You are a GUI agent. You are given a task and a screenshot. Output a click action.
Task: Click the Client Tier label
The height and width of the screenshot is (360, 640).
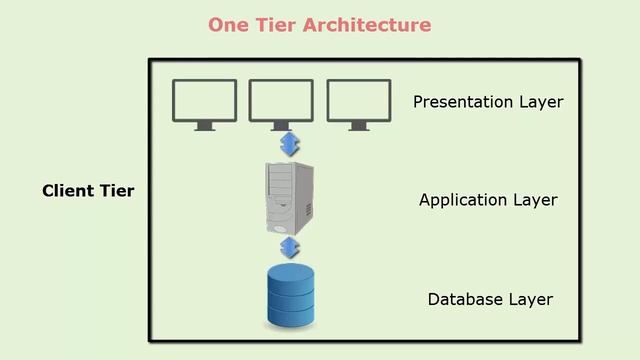pyautogui.click(x=88, y=190)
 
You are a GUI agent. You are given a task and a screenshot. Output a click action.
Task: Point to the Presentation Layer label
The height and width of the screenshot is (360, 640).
pyautogui.click(x=488, y=102)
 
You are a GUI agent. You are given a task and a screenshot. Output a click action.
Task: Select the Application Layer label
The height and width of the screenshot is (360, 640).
pyautogui.click(x=488, y=200)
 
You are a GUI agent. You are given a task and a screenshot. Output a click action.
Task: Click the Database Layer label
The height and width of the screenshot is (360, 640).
pyautogui.click(x=490, y=299)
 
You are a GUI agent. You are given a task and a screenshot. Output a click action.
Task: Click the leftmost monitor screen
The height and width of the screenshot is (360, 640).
pyautogui.click(x=205, y=100)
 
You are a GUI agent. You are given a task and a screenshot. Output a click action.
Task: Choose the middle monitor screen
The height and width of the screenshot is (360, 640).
pyautogui.click(x=281, y=100)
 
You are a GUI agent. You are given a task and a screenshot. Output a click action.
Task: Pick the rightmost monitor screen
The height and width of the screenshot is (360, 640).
pyautogui.click(x=359, y=100)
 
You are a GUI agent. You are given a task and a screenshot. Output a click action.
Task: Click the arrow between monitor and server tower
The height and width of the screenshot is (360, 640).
pyautogui.click(x=290, y=144)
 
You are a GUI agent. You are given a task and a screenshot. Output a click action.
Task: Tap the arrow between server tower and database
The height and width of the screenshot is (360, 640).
pyautogui.click(x=290, y=247)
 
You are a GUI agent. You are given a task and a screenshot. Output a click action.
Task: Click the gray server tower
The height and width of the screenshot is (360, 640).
pyautogui.click(x=289, y=197)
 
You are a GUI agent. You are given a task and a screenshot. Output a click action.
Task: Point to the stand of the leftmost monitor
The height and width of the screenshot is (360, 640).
pyautogui.click(x=205, y=126)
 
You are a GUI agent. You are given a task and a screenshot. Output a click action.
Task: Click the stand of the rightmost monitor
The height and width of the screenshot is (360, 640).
pyautogui.click(x=359, y=126)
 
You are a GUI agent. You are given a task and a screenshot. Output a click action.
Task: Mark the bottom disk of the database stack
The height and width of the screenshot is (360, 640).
pyautogui.click(x=290, y=315)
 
